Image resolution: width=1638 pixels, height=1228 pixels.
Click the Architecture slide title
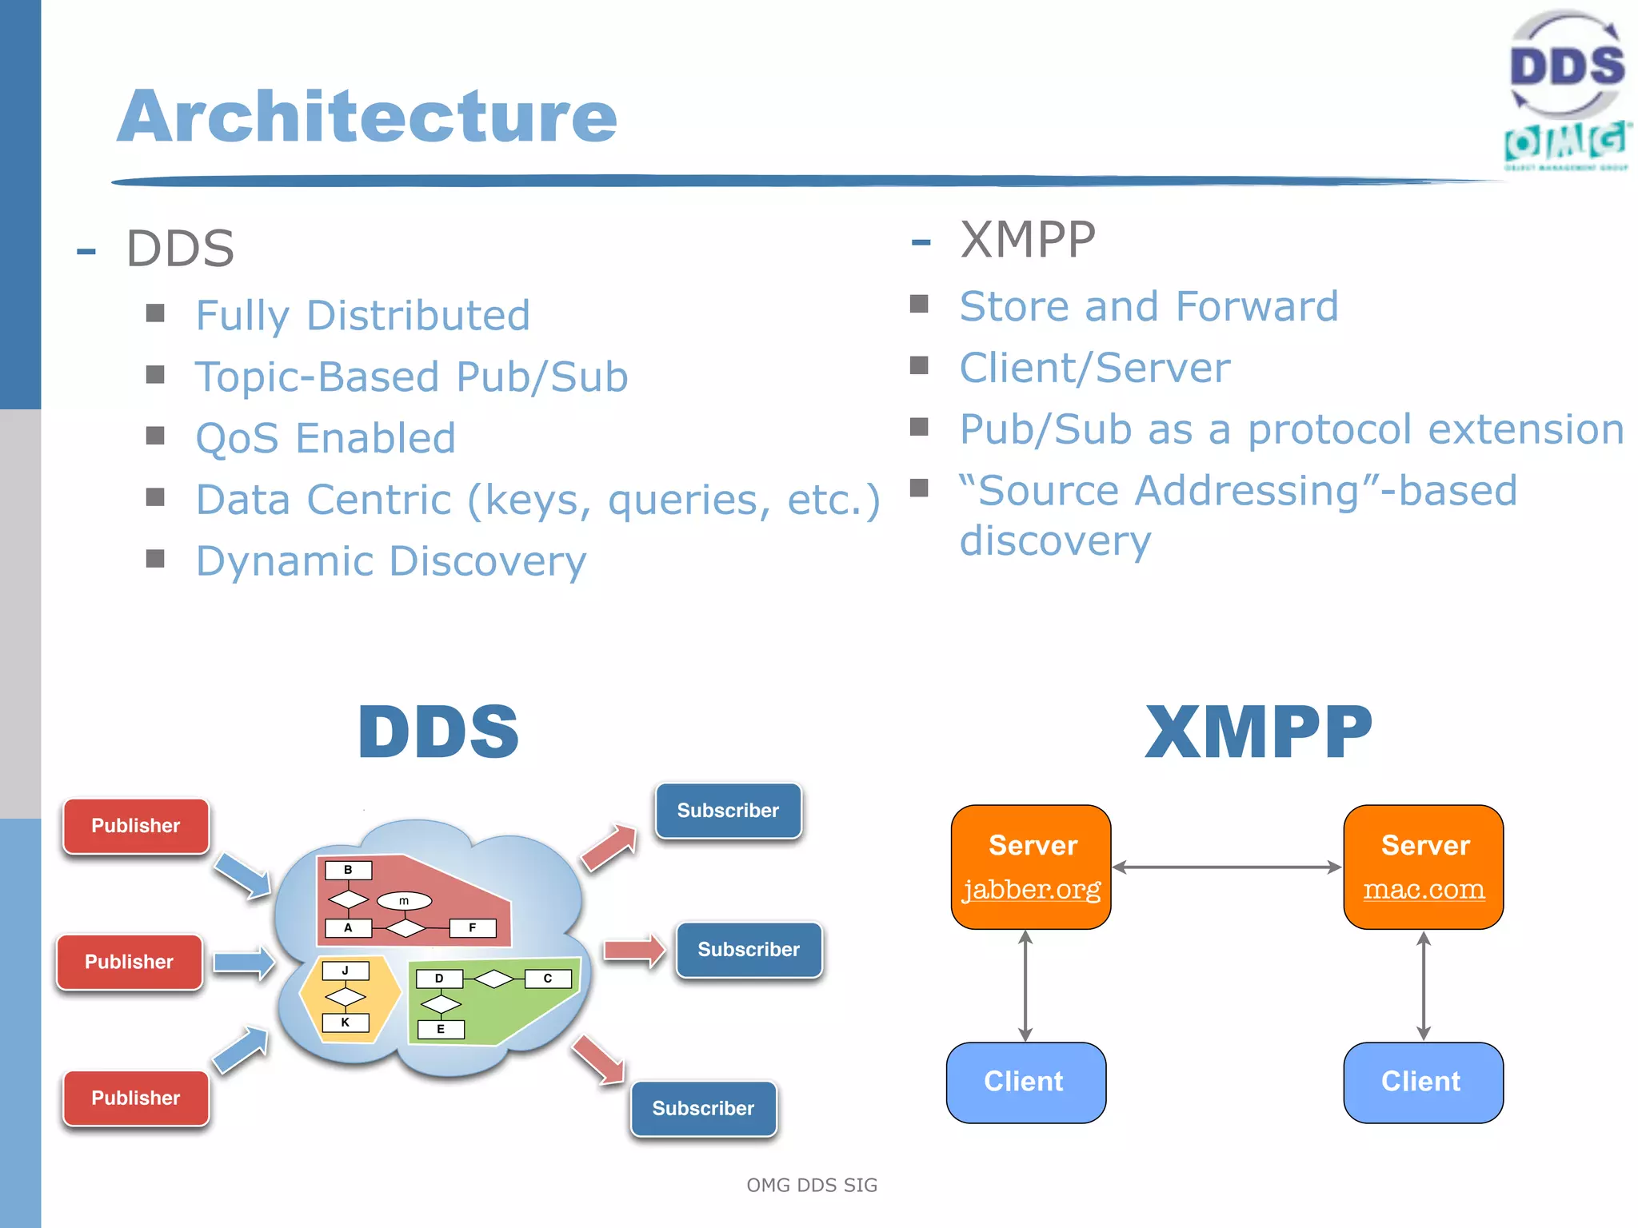(367, 117)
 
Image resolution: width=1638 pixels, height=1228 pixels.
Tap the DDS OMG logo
(1566, 90)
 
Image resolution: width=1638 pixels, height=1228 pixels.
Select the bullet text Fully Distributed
(362, 315)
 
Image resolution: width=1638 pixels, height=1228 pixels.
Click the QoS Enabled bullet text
(326, 438)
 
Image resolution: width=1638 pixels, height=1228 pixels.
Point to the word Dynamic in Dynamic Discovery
(285, 561)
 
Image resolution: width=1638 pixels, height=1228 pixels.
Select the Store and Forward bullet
(1149, 306)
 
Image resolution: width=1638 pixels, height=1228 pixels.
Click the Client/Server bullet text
(1094, 368)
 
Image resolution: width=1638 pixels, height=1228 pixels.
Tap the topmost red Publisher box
(136, 826)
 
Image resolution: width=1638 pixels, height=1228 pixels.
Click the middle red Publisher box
(130, 962)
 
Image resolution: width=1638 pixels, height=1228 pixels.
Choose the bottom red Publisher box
(136, 1098)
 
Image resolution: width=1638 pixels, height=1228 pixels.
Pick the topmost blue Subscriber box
(728, 811)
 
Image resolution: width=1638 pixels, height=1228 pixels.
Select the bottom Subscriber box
(703, 1108)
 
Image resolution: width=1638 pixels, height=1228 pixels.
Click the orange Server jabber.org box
(1031, 867)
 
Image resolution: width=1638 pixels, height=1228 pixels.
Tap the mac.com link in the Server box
(1424, 889)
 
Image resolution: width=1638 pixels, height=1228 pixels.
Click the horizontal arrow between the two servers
(1227, 867)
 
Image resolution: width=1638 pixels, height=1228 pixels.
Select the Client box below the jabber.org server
(1025, 1082)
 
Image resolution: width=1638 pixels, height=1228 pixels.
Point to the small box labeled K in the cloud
(346, 1023)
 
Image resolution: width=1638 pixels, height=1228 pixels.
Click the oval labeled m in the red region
(404, 901)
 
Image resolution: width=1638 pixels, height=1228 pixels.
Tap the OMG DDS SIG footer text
(811, 1185)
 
